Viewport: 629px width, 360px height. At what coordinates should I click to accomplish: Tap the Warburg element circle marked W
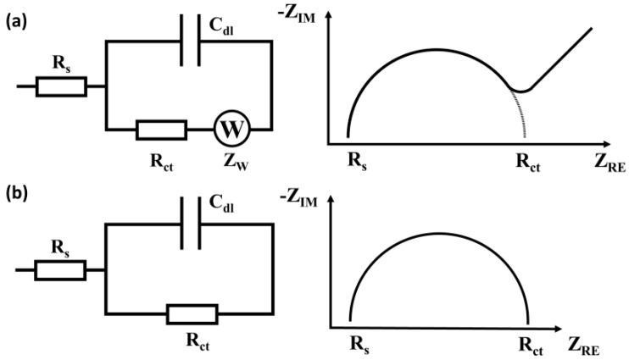[229, 130]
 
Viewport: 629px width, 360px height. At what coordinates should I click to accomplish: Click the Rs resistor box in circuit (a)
[60, 86]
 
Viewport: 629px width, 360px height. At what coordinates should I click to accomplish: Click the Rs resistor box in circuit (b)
[60, 270]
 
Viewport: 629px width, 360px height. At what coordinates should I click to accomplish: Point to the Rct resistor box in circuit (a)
[161, 130]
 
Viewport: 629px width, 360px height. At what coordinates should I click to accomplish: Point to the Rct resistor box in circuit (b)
[192, 315]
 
